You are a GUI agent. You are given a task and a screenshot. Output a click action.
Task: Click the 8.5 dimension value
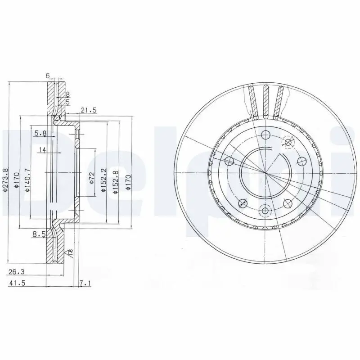tap(39, 233)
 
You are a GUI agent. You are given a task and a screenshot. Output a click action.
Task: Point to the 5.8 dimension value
tap(40, 133)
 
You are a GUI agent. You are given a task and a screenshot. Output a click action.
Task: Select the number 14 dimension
tap(42, 150)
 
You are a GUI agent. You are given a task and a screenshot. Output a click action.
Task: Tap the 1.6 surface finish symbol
tap(70, 252)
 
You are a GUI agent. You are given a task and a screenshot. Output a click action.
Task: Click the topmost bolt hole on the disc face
tap(265, 135)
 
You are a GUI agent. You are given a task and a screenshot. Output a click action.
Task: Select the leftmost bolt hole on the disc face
tap(229, 161)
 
